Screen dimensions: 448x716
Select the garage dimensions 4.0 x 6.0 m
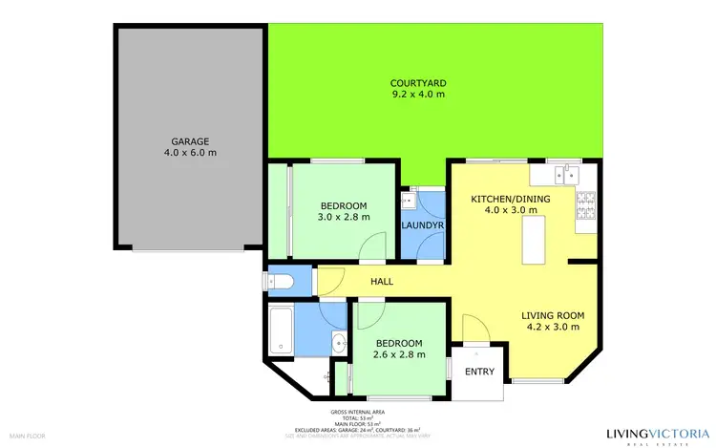tap(190, 153)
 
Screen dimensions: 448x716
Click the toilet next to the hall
tap(279, 281)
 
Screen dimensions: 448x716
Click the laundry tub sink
tap(409, 201)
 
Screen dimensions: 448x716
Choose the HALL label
tap(382, 281)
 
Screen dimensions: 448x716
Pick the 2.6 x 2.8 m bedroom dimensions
tap(398, 355)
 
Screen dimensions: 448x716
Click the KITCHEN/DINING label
tap(508, 199)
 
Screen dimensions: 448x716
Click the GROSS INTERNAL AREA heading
tap(357, 412)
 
